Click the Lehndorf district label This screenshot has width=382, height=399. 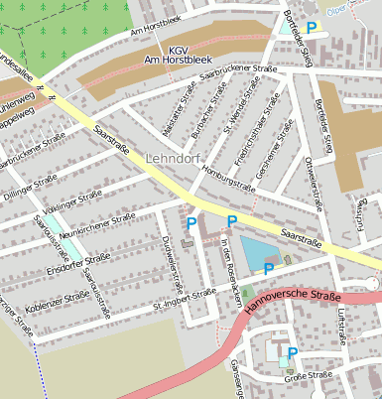(174, 159)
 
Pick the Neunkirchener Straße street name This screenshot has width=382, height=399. (97, 221)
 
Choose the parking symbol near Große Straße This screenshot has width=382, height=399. (292, 352)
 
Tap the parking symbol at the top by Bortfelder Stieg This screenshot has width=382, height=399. (312, 29)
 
